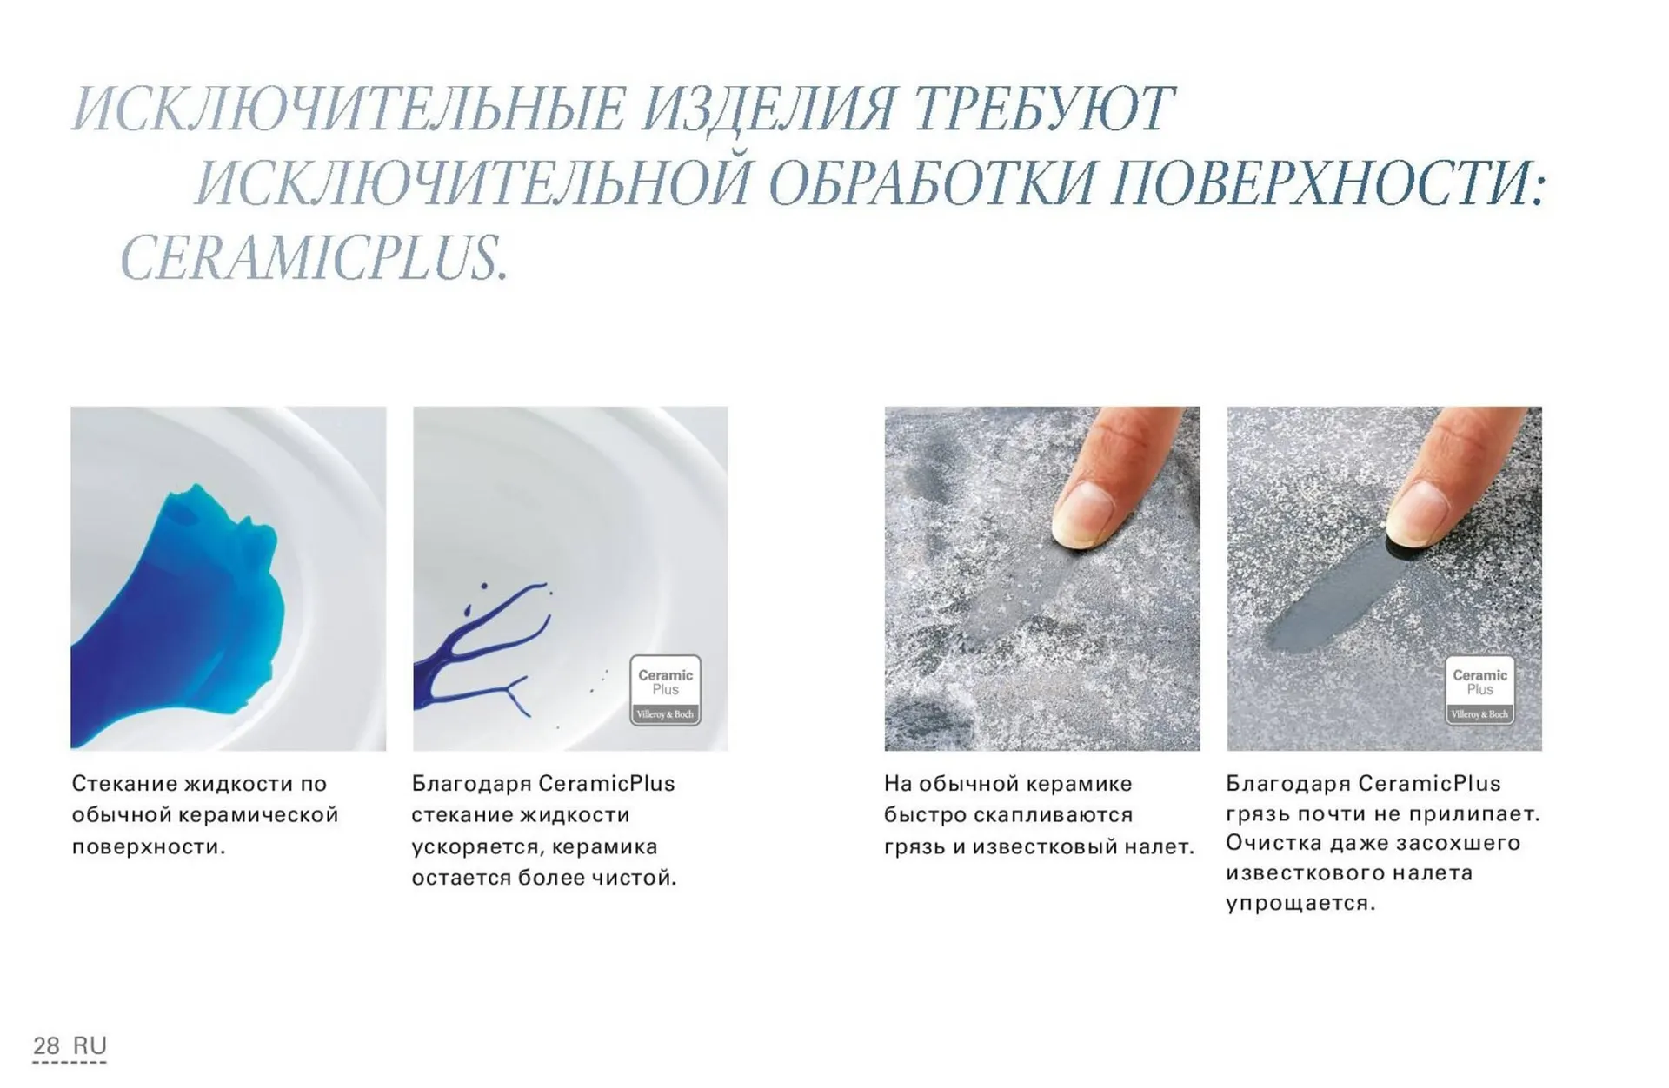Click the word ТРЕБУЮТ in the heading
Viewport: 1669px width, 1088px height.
point(1043,110)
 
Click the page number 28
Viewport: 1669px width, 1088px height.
point(46,1045)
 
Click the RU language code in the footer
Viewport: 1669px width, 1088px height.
point(90,1045)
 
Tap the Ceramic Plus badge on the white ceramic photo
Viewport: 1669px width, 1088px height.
point(665,690)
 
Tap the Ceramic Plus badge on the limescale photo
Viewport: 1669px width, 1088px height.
point(1479,690)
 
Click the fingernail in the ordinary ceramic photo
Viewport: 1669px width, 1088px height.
point(1081,514)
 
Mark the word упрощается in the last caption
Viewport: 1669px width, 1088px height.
point(1300,904)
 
